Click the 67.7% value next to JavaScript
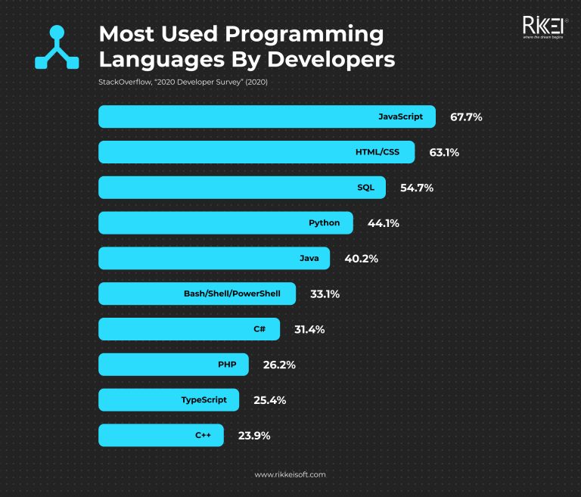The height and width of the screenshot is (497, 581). click(x=466, y=117)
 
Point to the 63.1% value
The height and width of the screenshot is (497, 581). click(x=444, y=152)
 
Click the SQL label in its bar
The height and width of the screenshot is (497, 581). click(x=365, y=188)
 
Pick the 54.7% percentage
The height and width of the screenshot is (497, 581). click(x=416, y=188)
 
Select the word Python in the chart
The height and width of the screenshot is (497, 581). click(x=324, y=223)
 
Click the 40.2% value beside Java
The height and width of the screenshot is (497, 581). click(x=361, y=259)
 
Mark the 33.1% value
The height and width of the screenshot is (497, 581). click(x=325, y=294)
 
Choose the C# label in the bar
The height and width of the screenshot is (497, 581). click(x=259, y=329)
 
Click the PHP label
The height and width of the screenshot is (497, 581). click(x=227, y=365)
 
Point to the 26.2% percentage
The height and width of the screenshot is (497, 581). click(x=278, y=365)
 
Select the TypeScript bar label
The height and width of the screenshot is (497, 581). click(x=203, y=399)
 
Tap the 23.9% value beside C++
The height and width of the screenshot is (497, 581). click(x=254, y=435)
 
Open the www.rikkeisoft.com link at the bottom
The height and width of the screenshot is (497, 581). click(x=290, y=474)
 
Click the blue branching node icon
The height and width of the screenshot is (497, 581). click(x=57, y=47)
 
